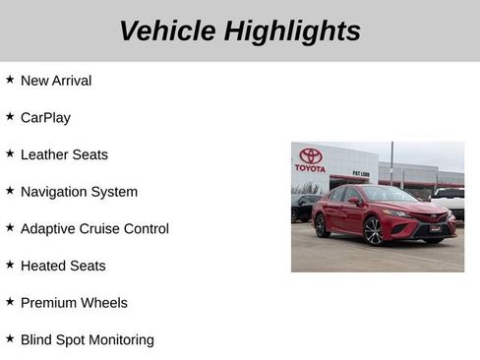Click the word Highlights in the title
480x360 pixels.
(x=292, y=30)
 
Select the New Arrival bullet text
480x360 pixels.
(x=56, y=81)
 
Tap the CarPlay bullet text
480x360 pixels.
(x=45, y=117)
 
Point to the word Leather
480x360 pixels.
(x=45, y=154)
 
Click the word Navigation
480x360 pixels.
(x=55, y=192)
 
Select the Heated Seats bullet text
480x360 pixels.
(x=63, y=266)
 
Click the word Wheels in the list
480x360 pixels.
(x=105, y=303)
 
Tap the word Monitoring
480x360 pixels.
(x=119, y=339)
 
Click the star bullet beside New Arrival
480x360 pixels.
(x=10, y=79)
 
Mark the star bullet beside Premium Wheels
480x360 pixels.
(x=10, y=301)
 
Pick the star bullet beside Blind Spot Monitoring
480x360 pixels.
(x=10, y=337)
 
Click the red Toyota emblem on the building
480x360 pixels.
(x=311, y=155)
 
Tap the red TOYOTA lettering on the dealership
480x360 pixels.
(x=310, y=168)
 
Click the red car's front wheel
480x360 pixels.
(x=374, y=230)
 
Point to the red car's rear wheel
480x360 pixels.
(x=322, y=225)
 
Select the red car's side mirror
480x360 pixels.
(x=355, y=201)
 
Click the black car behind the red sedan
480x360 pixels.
(x=303, y=208)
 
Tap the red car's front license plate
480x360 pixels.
(x=435, y=228)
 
